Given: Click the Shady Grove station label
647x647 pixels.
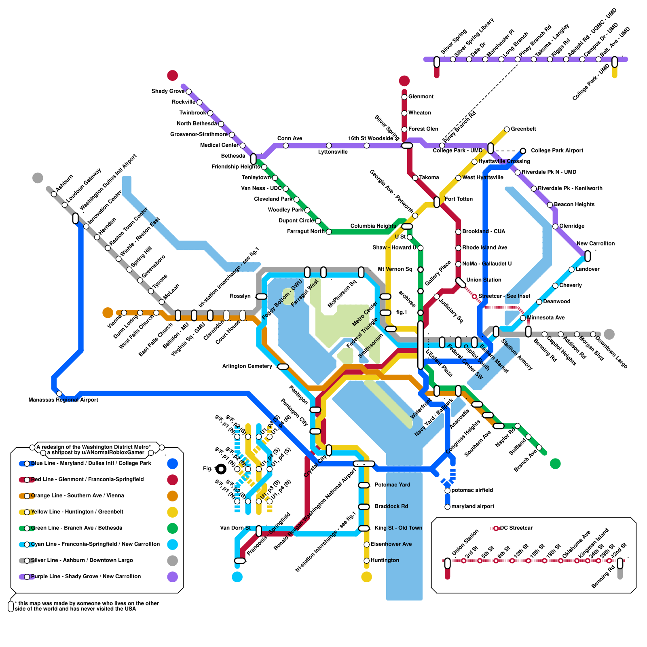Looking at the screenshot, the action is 168,91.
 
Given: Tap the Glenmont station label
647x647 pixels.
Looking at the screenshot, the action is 421,97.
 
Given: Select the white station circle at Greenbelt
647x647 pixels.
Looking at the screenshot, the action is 507,129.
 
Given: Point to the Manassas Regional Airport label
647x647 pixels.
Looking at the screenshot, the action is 63,400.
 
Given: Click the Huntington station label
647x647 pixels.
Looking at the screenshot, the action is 385,560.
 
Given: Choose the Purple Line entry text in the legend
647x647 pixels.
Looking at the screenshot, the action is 86,576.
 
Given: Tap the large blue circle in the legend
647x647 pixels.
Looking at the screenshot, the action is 173,463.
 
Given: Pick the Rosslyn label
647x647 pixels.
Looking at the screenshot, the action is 240,296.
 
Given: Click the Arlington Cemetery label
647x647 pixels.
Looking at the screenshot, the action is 247,366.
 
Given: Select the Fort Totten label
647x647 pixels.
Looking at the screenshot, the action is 458,199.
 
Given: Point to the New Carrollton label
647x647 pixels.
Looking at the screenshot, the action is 595,243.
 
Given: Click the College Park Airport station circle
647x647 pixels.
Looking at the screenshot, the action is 523,151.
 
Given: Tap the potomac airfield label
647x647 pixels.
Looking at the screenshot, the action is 472,490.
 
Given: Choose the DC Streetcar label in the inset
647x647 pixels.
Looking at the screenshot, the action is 516,528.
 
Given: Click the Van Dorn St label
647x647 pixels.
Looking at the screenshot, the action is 235,528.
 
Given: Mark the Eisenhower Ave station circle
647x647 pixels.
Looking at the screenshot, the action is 366,544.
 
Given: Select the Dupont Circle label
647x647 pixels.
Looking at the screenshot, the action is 296,221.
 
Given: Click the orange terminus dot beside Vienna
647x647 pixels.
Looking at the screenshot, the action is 108,313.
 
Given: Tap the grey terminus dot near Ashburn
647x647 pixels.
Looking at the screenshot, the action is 38,178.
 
